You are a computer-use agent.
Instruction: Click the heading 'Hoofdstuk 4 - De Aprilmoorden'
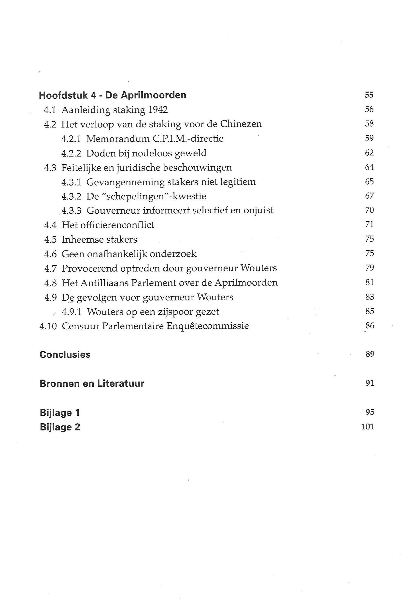pos(113,95)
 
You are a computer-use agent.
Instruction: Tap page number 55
pos(369,95)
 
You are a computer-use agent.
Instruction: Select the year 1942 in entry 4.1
pos(158,110)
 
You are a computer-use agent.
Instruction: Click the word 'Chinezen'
pos(241,124)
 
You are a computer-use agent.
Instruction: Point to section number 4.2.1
pos(71,139)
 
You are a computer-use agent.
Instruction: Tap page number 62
pos(369,153)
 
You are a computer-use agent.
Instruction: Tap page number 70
pos(369,210)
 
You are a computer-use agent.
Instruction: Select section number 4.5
pos(50,240)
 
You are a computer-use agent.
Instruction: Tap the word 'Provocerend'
pos(89,268)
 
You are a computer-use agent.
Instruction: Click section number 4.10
pos(48,326)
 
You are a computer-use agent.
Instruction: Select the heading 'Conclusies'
pos(65,355)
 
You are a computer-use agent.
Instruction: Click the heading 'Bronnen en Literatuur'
pos(92,384)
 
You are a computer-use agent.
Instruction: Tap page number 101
pos(368,427)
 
